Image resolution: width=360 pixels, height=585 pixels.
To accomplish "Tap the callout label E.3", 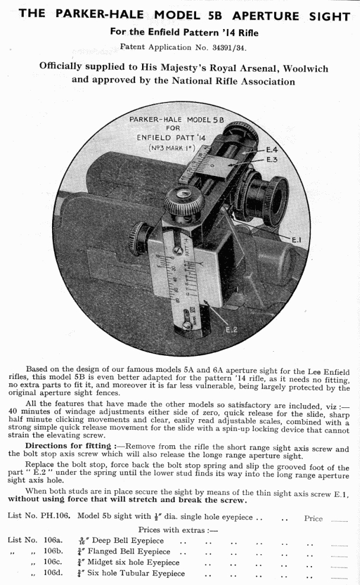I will [271, 160].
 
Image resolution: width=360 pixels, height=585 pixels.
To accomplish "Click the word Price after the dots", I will [313, 518].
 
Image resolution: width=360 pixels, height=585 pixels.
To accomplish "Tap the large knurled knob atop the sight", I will [181, 202].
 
